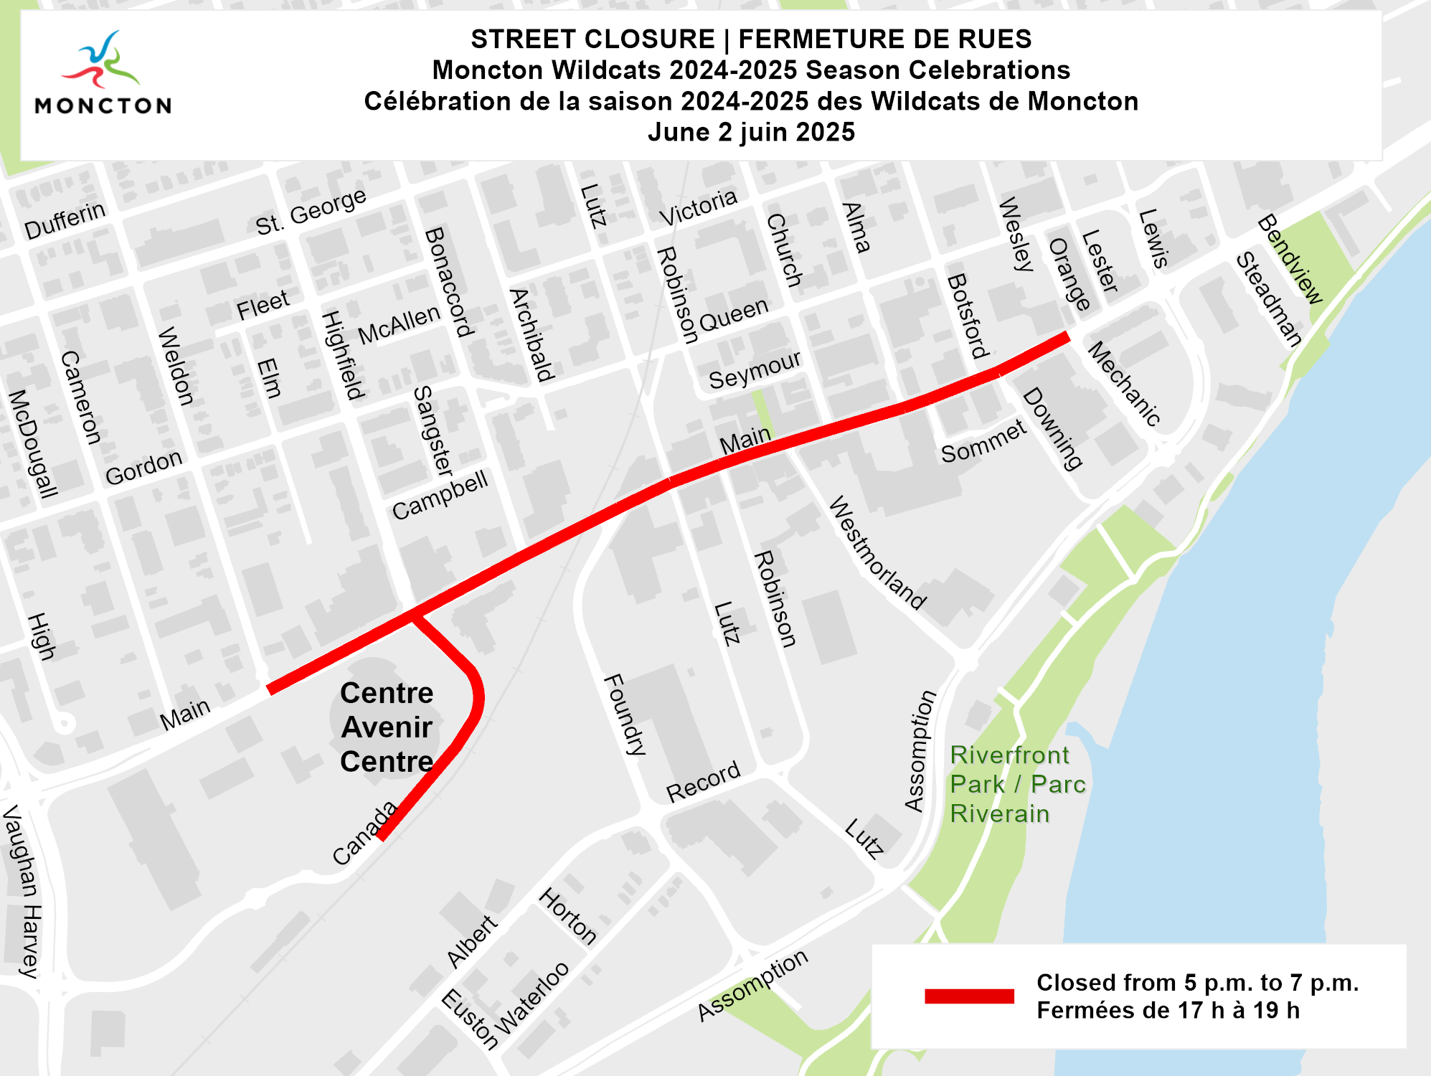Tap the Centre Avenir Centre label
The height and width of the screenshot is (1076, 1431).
tap(387, 727)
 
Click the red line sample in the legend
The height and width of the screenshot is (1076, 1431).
tap(969, 996)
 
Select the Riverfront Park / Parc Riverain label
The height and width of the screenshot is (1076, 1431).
tap(1017, 784)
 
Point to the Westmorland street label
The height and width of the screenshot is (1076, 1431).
tap(877, 553)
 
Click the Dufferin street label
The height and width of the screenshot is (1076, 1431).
tap(65, 220)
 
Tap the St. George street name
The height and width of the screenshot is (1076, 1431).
tap(311, 212)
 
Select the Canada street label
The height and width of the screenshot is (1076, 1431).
tap(364, 833)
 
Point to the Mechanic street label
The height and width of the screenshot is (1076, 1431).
tap(1124, 384)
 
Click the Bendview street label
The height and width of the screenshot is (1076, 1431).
tap(1289, 259)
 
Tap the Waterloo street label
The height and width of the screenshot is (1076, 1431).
tap(532, 998)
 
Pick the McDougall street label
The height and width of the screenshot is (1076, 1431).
tap(32, 444)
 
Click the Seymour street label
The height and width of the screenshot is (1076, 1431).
tap(754, 370)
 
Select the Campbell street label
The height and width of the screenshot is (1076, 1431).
tap(440, 494)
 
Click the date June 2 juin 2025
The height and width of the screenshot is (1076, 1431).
tap(751, 132)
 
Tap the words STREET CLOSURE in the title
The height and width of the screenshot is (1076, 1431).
tap(592, 39)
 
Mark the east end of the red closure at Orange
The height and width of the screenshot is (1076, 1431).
tap(1067, 336)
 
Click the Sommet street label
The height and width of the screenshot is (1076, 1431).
tap(983, 442)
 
